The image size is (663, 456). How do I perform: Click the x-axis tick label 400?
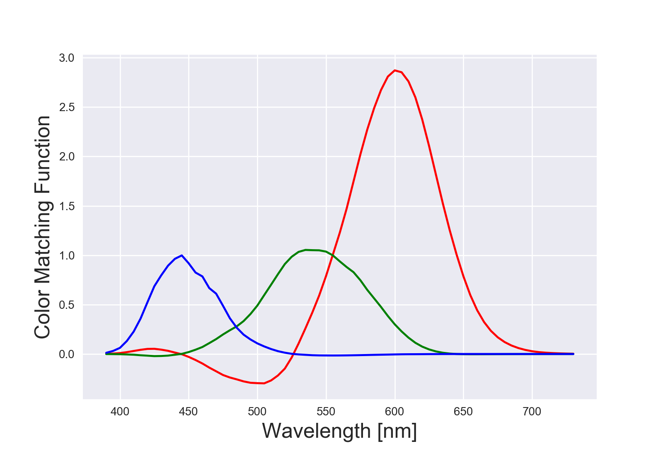coord(120,412)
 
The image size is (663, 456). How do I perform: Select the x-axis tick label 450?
coord(189,412)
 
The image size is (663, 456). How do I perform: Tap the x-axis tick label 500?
coord(257,412)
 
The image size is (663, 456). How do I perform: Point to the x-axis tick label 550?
coord(326,412)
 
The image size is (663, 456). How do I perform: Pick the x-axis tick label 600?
coord(394,412)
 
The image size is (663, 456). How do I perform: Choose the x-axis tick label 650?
coord(463,412)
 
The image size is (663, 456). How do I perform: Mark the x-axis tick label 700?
coord(532,412)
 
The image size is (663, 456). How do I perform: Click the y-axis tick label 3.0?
coord(66,58)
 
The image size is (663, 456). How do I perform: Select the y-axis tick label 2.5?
coord(66,107)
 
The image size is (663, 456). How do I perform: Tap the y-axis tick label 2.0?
coord(66,157)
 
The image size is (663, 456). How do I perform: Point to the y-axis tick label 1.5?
coord(66,206)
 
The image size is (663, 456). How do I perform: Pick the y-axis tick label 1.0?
coord(66,255)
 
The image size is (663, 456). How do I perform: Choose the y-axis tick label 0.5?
coord(66,305)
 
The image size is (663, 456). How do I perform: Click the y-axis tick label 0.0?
coord(66,354)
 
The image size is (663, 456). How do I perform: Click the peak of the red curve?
coord(395,70)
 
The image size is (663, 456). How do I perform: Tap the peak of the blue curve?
coord(181,255)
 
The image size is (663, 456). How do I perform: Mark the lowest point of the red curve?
coord(264,383)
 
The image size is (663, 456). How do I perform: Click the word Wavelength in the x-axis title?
coord(317,431)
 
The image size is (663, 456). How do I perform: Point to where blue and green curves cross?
coord(236,327)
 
